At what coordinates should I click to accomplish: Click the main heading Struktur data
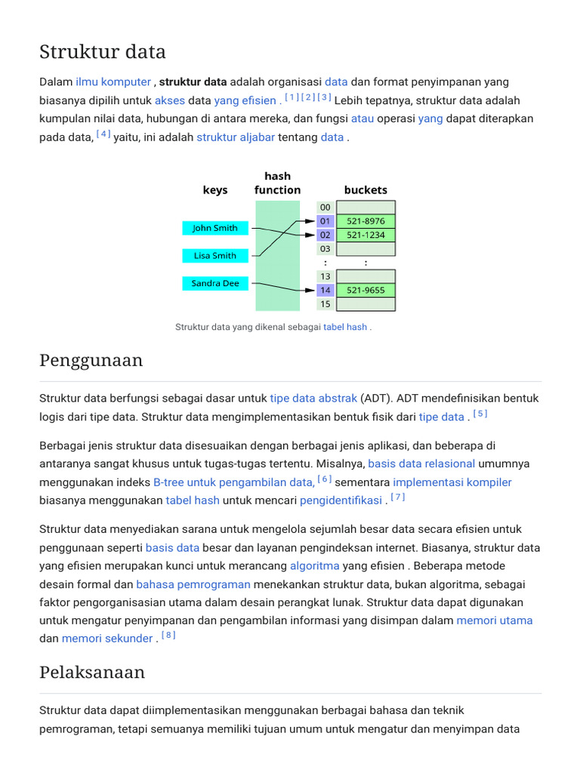pyautogui.click(x=103, y=52)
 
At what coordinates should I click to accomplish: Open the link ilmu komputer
pyautogui.click(x=113, y=82)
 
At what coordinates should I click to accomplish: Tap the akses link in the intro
pyautogui.click(x=170, y=100)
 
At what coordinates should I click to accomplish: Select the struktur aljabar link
pyautogui.click(x=236, y=137)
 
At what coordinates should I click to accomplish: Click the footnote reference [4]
pyautogui.click(x=103, y=135)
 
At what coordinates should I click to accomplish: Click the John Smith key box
pyautogui.click(x=214, y=228)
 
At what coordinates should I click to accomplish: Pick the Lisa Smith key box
pyautogui.click(x=214, y=256)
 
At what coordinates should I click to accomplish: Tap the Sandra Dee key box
pyautogui.click(x=214, y=284)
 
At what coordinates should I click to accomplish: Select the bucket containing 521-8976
pyautogui.click(x=366, y=221)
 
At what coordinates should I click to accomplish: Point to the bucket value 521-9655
pyautogui.click(x=366, y=291)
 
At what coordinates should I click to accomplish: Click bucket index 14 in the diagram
pyautogui.click(x=325, y=291)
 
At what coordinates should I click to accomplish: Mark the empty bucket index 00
pyautogui.click(x=325, y=208)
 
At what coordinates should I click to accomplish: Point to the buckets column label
pyautogui.click(x=366, y=190)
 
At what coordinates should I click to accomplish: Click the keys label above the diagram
pyautogui.click(x=215, y=190)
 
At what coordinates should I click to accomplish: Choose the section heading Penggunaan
pyautogui.click(x=91, y=361)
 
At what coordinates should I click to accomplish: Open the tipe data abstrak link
pyautogui.click(x=313, y=398)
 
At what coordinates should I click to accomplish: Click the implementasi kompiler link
pyautogui.click(x=452, y=482)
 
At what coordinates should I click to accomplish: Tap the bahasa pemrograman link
pyautogui.click(x=193, y=584)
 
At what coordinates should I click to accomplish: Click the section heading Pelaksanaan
pyautogui.click(x=92, y=672)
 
